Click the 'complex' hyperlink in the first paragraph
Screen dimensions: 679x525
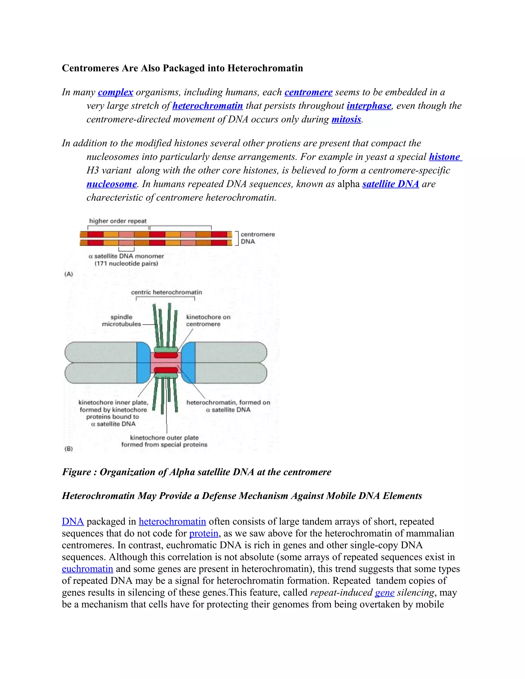(115, 92)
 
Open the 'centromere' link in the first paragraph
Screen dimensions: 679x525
(308, 92)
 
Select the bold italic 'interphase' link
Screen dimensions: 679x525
(369, 106)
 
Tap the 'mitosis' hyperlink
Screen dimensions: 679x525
(346, 120)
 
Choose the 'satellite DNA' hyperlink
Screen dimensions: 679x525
(391, 184)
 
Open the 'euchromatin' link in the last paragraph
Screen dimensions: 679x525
(87, 569)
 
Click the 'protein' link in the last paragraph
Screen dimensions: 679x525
(204, 533)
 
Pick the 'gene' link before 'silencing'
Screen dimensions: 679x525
(385, 593)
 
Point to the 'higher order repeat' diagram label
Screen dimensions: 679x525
(118, 221)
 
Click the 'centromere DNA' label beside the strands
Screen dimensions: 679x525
(258, 238)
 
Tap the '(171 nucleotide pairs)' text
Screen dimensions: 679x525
(126, 264)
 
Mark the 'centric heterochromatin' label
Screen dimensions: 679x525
(166, 292)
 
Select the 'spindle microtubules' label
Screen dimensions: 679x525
(121, 321)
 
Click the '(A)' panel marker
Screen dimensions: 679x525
(68, 274)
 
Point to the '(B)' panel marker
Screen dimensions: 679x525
(68, 449)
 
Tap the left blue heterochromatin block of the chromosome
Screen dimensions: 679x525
(143, 363)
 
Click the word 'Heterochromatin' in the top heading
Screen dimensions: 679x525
(265, 68)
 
